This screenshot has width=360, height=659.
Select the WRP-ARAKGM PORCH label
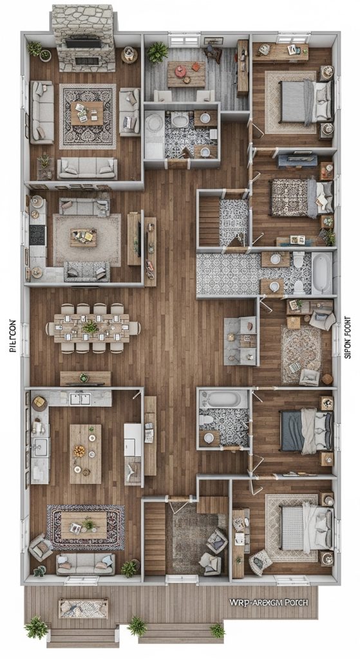pyautogui.click(x=269, y=603)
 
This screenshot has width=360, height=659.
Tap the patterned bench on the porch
pyautogui.click(x=83, y=608)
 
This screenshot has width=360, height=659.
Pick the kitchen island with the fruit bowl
pyautogui.click(x=85, y=453)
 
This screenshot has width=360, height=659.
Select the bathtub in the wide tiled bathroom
pyautogui.click(x=321, y=272)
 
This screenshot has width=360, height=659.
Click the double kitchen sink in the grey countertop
pyautogui.click(x=80, y=399)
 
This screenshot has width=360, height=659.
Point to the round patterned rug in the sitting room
pyautogui.click(x=301, y=353)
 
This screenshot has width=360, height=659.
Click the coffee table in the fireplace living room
pyautogui.click(x=87, y=114)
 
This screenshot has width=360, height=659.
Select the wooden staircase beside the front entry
pyautogui.click(x=155, y=538)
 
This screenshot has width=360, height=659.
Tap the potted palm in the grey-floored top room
pyautogui.click(x=156, y=53)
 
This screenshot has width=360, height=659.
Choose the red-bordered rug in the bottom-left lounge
pyautogui.click(x=85, y=526)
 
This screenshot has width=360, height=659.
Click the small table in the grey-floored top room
pyautogui.click(x=186, y=73)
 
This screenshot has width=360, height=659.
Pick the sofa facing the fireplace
pyautogui.click(x=87, y=168)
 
